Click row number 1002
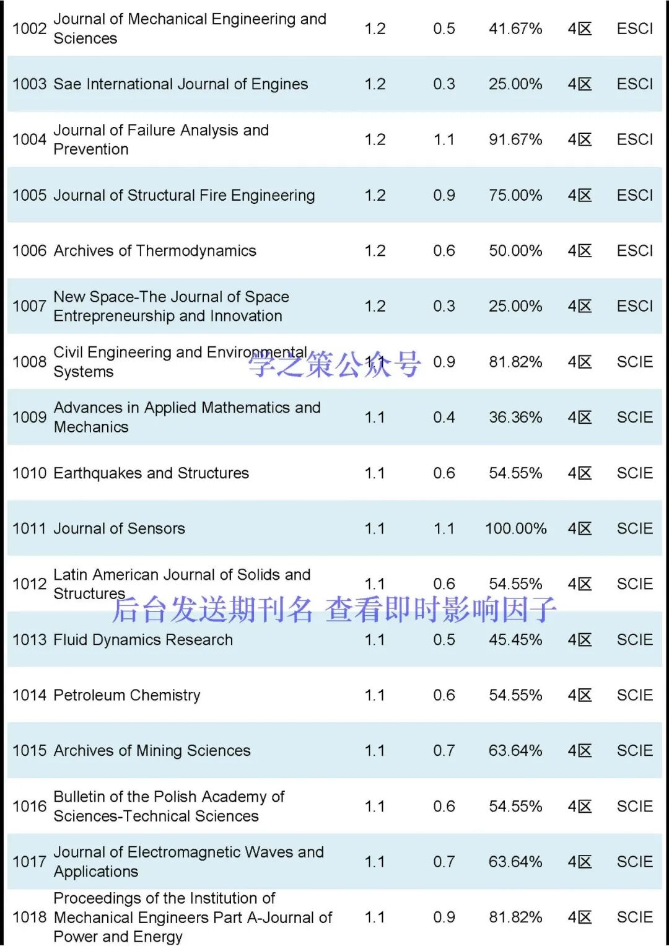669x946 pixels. pyautogui.click(x=29, y=28)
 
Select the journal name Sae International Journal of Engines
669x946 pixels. pyautogui.click(x=180, y=84)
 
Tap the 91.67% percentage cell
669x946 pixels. pyautogui.click(x=515, y=139)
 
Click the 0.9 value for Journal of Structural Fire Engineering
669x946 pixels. pyautogui.click(x=444, y=195)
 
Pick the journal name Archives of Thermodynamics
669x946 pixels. pyautogui.click(x=155, y=251)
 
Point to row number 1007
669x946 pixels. pyautogui.click(x=29, y=306)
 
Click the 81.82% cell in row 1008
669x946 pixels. pyautogui.click(x=515, y=362)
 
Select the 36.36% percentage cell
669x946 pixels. pyautogui.click(x=515, y=418)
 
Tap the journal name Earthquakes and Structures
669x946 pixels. pyautogui.click(x=151, y=473)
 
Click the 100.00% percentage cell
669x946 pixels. pyautogui.click(x=515, y=528)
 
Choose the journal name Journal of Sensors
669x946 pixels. pyautogui.click(x=120, y=528)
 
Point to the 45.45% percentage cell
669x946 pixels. pyautogui.click(x=515, y=639)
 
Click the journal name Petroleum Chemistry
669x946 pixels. pyautogui.click(x=127, y=695)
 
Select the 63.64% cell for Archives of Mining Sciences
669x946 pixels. pyautogui.click(x=515, y=751)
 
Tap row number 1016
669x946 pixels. pyautogui.click(x=29, y=806)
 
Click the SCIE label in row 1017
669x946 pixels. pyautogui.click(x=635, y=862)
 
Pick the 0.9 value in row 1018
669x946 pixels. pyautogui.click(x=444, y=917)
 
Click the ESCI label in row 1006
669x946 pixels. pyautogui.click(x=635, y=251)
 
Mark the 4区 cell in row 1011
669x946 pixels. pyautogui.click(x=580, y=528)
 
